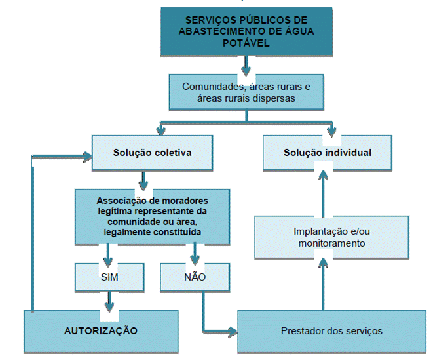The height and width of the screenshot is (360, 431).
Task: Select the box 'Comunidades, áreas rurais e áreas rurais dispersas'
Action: (246, 92)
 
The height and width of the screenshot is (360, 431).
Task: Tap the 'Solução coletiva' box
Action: (151, 153)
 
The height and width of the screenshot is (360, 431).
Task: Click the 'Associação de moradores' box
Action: (151, 215)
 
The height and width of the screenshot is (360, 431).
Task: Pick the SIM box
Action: (109, 277)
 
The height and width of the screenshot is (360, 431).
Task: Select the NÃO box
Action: (194, 277)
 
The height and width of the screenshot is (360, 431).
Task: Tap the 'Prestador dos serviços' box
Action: (331, 330)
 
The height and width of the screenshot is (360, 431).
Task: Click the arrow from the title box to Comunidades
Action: (246, 65)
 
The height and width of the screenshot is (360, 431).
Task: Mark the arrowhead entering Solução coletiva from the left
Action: (86, 156)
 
